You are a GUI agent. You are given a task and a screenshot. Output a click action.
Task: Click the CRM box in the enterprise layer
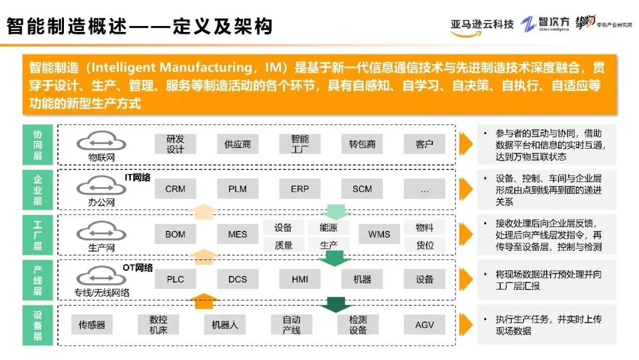tap(175, 189)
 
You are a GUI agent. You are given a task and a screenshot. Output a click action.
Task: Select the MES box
tap(238, 234)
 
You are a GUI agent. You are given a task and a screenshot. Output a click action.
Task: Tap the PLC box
tap(175, 279)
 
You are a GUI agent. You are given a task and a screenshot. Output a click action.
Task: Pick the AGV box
tap(424, 324)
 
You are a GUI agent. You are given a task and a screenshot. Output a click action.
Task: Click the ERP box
tap(300, 189)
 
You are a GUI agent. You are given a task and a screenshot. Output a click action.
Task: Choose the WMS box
tap(379, 234)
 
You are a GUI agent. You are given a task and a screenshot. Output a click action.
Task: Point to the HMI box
tap(300, 279)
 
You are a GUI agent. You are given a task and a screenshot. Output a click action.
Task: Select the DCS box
tap(238, 279)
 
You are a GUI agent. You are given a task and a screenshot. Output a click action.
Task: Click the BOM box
tap(175, 234)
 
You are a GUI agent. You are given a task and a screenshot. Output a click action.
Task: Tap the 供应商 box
tap(238, 144)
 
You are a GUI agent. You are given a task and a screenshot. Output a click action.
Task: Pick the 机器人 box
tap(225, 324)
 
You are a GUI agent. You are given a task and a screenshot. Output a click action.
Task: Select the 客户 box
tap(424, 144)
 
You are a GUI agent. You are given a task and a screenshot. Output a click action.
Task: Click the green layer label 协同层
tap(37, 144)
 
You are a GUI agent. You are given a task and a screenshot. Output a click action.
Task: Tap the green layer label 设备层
tap(37, 324)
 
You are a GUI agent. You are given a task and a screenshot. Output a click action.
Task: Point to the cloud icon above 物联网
tap(101, 141)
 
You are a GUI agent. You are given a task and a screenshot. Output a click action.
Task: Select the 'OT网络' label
tap(137, 268)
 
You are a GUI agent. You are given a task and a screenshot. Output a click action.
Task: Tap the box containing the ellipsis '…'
tap(424, 189)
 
